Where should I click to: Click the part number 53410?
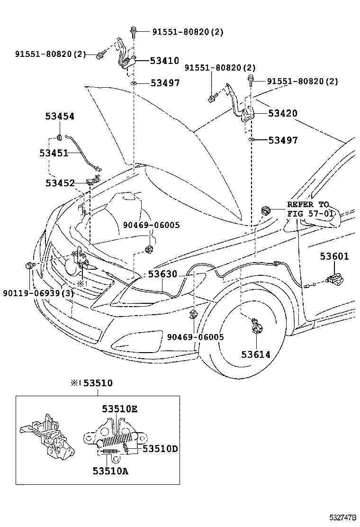(x=165, y=61)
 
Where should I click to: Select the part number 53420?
(x=283, y=114)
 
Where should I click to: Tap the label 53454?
(x=60, y=117)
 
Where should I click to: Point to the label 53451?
(x=54, y=153)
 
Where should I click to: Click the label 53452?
(x=60, y=183)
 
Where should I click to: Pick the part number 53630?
(x=162, y=274)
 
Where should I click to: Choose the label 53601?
(x=334, y=256)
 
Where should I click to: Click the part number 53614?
(x=255, y=354)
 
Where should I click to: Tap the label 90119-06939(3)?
(x=38, y=294)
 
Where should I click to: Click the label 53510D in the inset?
(x=160, y=448)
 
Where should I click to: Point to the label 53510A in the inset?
(x=110, y=471)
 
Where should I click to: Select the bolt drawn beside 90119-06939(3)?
(x=30, y=266)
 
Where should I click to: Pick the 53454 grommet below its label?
(x=60, y=137)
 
